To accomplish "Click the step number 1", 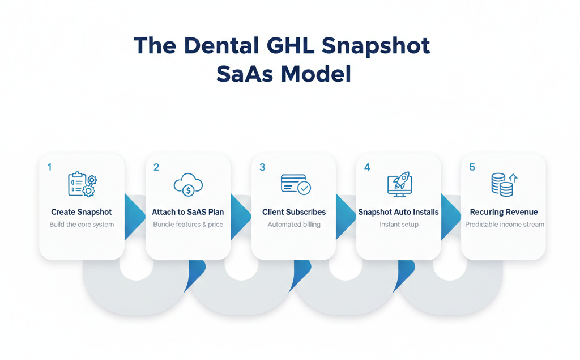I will pyautogui.click(x=50, y=167).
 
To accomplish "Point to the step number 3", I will pyautogui.click(x=262, y=167).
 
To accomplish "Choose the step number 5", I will pyautogui.click(x=472, y=167).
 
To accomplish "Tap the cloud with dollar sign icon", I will pyautogui.click(x=188, y=185).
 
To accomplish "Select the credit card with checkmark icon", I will pyautogui.click(x=295, y=185).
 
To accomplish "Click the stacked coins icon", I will pyautogui.click(x=504, y=185).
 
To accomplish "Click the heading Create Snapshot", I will pyautogui.click(x=82, y=212).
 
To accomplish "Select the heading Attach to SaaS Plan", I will pyautogui.click(x=188, y=212).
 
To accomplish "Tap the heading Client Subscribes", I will pyautogui.click(x=294, y=212).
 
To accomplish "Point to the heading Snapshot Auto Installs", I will pyautogui.click(x=399, y=212).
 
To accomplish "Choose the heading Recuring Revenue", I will pyautogui.click(x=504, y=212).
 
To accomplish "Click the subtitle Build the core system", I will pyautogui.click(x=82, y=225).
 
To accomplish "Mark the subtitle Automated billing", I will pyautogui.click(x=294, y=225).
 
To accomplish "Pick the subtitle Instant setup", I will pyautogui.click(x=399, y=225).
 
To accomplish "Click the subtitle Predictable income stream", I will pyautogui.click(x=504, y=225).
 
